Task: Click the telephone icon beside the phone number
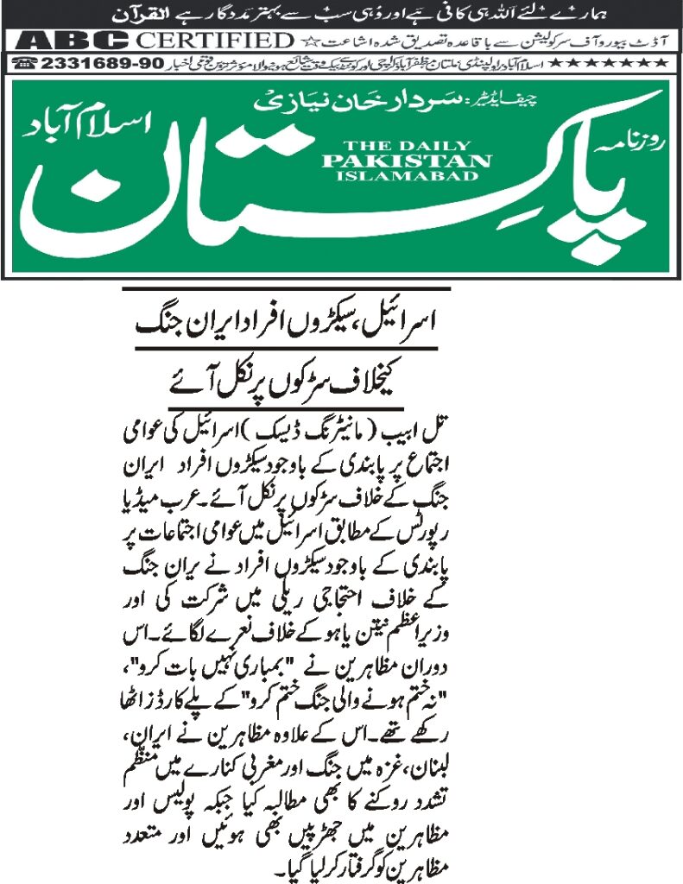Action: coord(26,64)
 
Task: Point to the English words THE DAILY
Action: coord(406,144)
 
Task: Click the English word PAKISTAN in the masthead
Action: coord(406,160)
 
